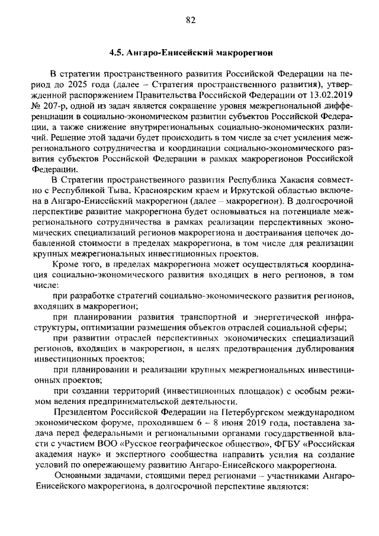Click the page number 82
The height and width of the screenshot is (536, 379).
coord(189,20)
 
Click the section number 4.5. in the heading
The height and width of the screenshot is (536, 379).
coord(116,53)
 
